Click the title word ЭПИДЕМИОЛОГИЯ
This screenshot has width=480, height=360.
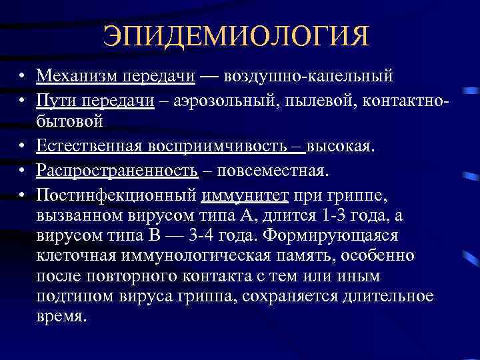coord(236,36)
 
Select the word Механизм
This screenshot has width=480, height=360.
coord(76,75)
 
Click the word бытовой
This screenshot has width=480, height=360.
coord(69,121)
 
